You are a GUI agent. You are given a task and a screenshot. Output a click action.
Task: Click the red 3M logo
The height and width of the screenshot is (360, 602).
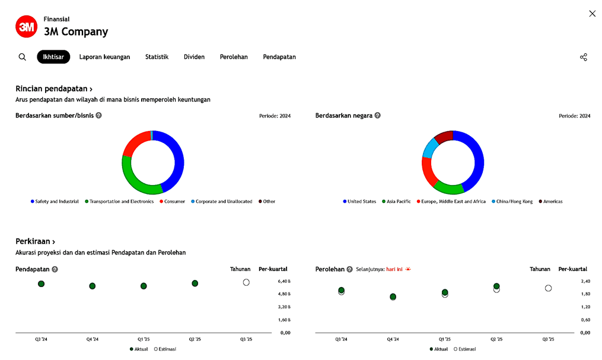click(26, 27)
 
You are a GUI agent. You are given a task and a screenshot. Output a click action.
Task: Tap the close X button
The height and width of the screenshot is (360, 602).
click(592, 14)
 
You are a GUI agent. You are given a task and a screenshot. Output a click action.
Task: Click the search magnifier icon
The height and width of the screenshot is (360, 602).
click(23, 57)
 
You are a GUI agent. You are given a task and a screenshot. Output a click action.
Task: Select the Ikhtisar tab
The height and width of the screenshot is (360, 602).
click(53, 57)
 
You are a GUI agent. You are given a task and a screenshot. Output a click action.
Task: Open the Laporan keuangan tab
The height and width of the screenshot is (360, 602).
click(104, 57)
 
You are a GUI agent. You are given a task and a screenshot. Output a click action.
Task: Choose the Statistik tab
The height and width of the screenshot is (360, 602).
click(157, 57)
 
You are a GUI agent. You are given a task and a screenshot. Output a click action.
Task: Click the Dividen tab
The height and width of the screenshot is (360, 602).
click(194, 57)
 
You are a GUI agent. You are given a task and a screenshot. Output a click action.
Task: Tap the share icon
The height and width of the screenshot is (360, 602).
click(584, 57)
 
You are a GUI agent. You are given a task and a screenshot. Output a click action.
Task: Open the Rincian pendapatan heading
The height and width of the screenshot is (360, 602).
click(54, 89)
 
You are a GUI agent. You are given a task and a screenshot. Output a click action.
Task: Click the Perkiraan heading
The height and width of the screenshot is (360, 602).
click(36, 241)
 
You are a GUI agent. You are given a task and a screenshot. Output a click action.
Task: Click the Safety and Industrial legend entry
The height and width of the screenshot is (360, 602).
click(56, 202)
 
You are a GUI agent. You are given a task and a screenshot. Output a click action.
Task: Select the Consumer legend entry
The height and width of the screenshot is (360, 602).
click(174, 202)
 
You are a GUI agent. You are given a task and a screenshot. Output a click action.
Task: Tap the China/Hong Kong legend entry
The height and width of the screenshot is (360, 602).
click(514, 202)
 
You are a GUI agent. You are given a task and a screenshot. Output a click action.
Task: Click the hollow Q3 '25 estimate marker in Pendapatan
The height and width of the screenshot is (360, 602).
click(246, 282)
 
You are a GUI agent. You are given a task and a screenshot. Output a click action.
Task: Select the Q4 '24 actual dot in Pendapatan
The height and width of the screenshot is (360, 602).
click(93, 286)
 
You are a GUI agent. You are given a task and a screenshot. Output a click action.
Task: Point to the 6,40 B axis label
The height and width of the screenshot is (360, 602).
click(284, 281)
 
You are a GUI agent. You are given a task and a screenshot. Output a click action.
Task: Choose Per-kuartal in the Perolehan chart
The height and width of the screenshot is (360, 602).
click(573, 269)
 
